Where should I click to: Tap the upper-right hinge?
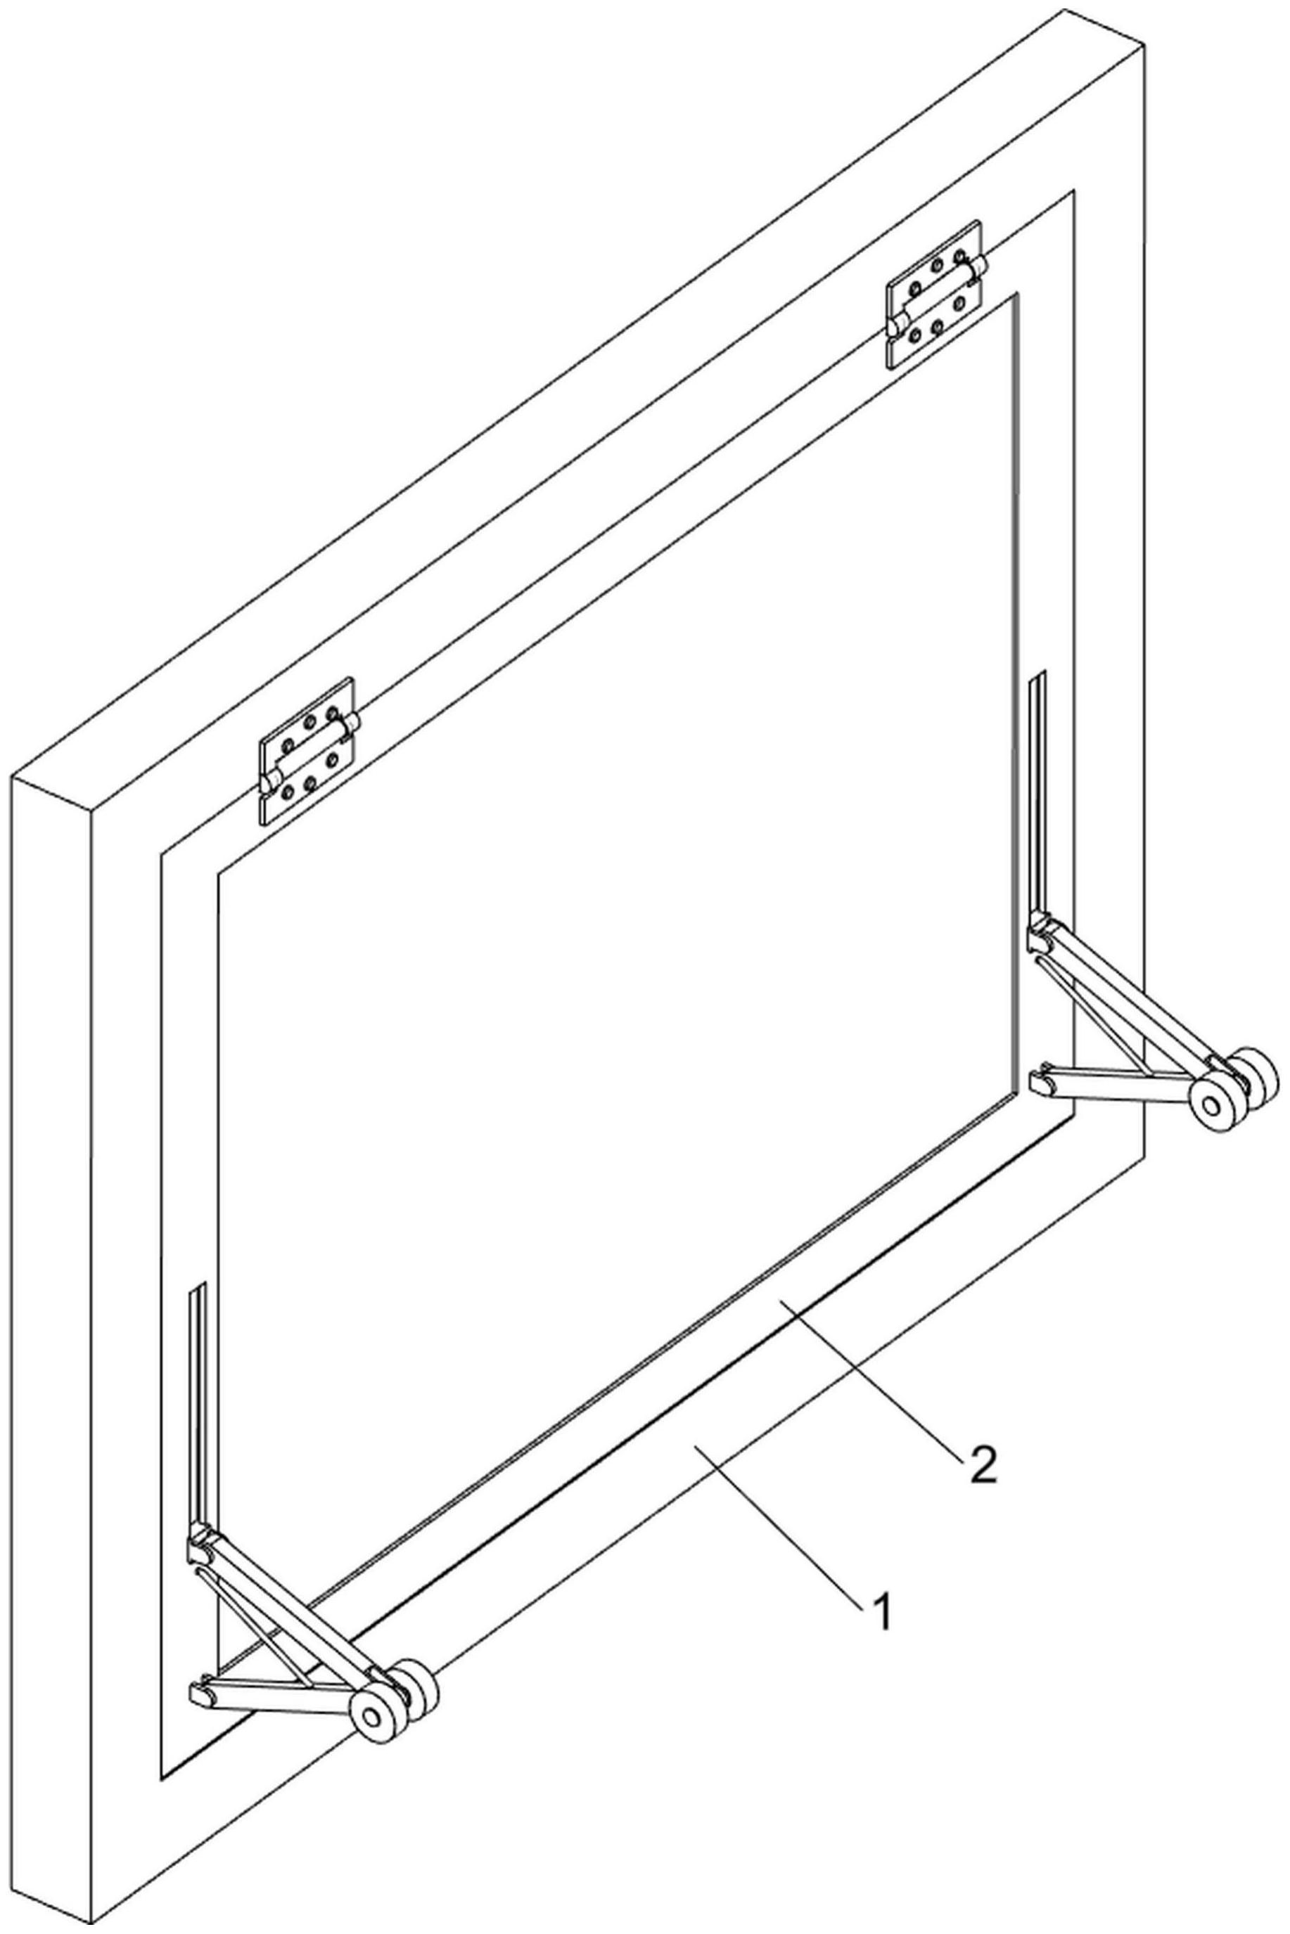point(935,294)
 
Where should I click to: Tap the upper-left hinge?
point(307,751)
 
